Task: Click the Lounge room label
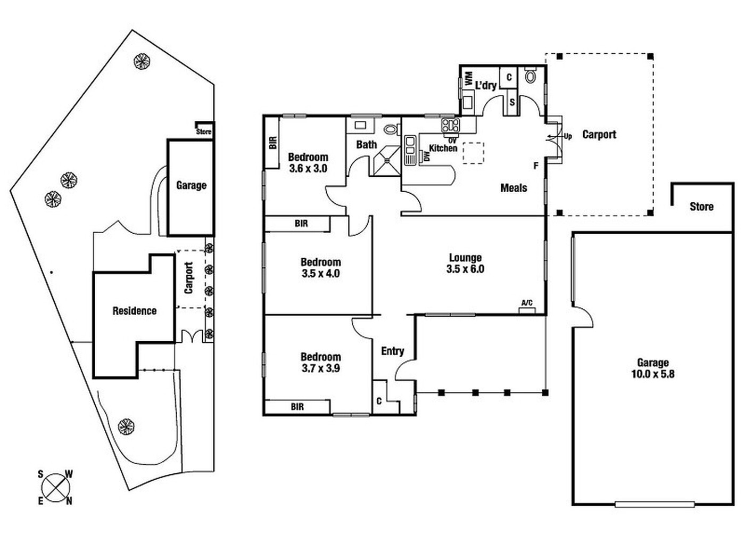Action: point(465,258)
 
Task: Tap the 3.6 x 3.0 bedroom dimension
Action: point(308,169)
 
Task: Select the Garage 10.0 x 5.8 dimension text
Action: point(652,374)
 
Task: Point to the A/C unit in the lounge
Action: point(527,307)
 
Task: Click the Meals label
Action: point(514,188)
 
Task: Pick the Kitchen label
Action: point(443,149)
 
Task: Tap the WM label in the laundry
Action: point(469,79)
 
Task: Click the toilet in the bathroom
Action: point(391,129)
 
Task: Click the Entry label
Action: point(393,351)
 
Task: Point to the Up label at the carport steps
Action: point(568,136)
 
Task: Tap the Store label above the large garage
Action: point(701,207)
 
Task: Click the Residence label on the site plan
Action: point(135,311)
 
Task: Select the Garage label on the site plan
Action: point(191,185)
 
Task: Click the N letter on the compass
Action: point(69,501)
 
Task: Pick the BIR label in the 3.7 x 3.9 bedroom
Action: point(297,407)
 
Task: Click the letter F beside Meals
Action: point(536,166)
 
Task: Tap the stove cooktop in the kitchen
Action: point(451,126)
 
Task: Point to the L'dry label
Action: point(486,85)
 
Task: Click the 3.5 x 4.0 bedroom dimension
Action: point(320,274)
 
